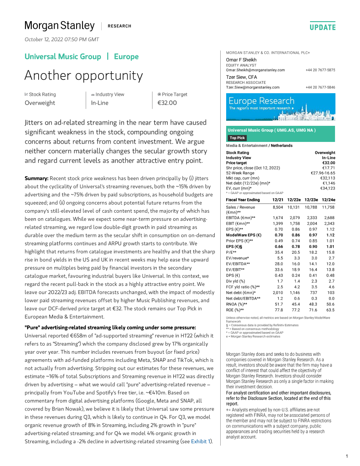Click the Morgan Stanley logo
[x=59, y=26]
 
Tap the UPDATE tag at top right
[x=322, y=27]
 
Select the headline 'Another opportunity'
[x=83, y=75]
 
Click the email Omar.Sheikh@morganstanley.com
[x=255, y=70]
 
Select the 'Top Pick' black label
[x=238, y=138]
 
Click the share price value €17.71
[x=328, y=168]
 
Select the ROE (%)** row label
[x=235, y=310]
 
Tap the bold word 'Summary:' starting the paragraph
[x=36, y=179]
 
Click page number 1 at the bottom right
[x=346, y=456]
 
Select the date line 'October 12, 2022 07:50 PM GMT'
[x=62, y=39]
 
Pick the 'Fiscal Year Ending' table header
[x=243, y=200]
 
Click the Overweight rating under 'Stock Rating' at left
[x=40, y=103]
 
